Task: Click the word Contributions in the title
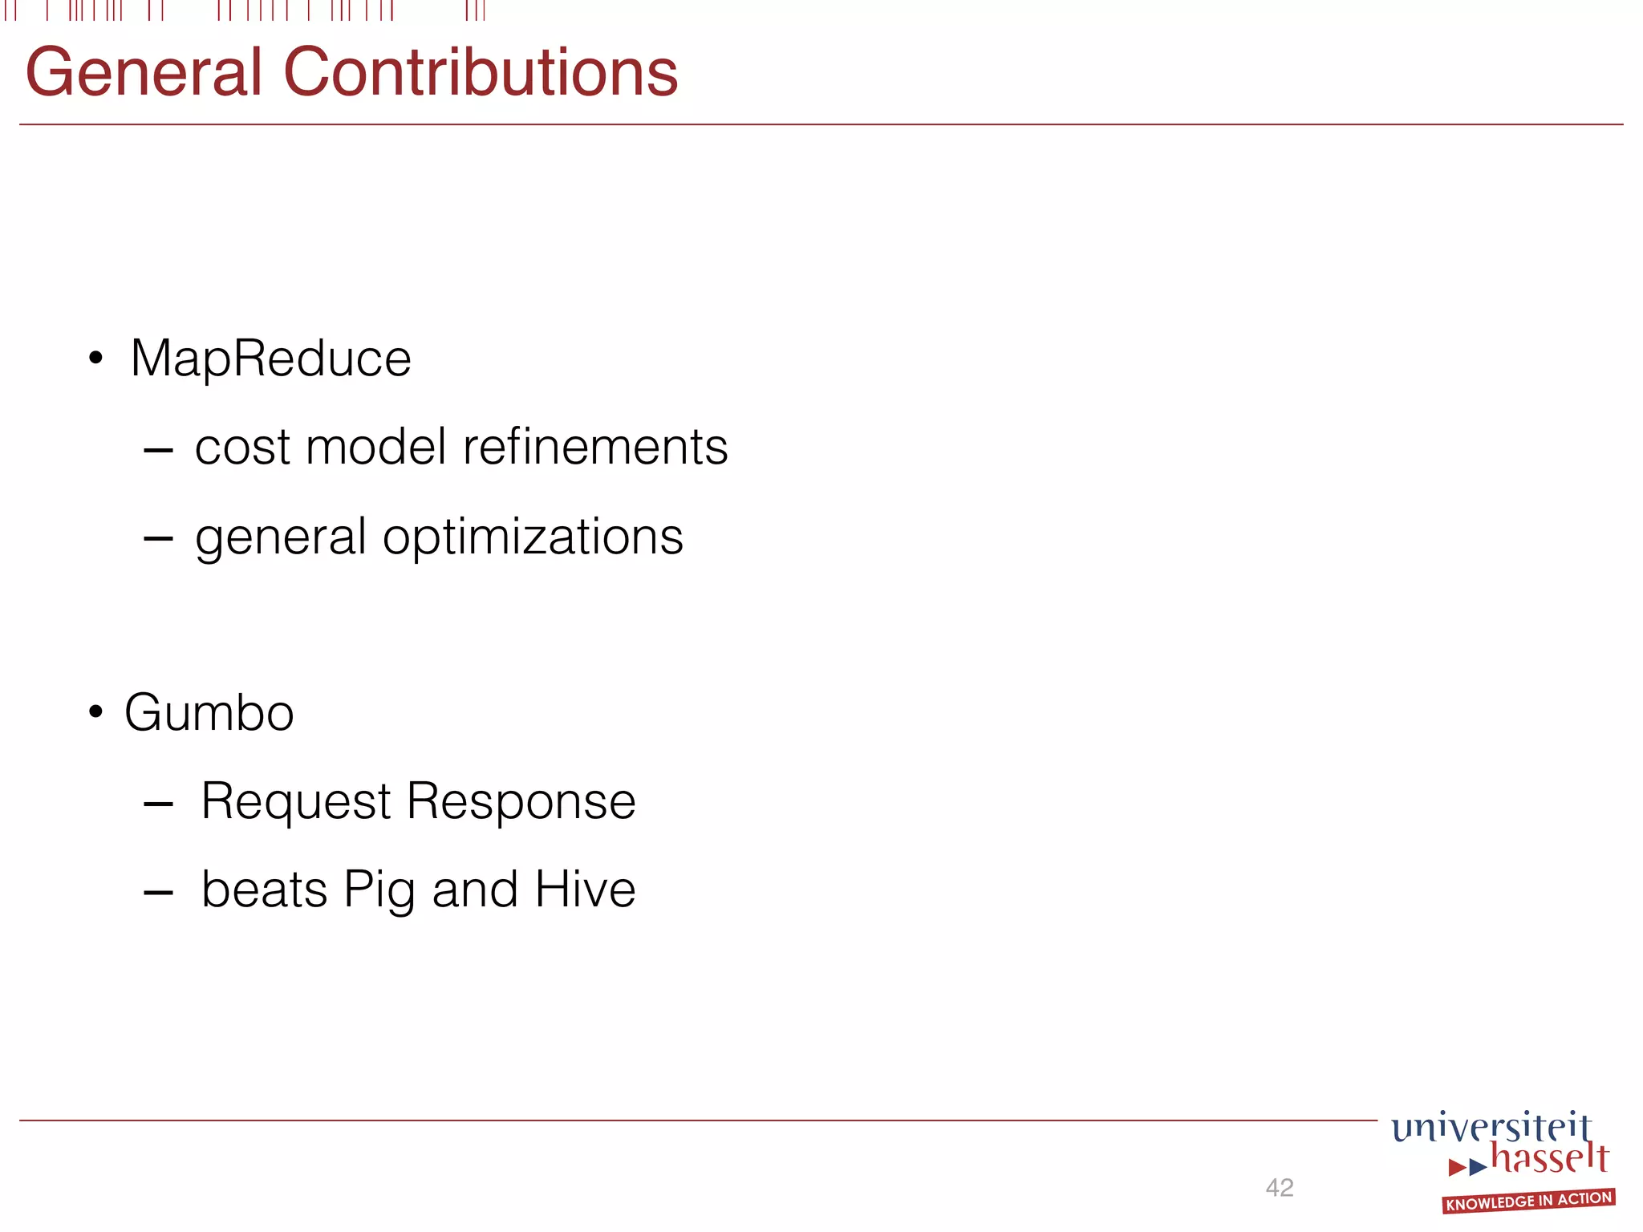click(x=481, y=73)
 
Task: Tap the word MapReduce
click(x=270, y=358)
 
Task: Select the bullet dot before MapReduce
click(x=96, y=358)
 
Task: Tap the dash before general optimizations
click(x=158, y=538)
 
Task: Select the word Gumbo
click(x=209, y=712)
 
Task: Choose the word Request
click(x=296, y=801)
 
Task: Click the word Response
click(x=521, y=801)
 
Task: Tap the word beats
click(x=264, y=890)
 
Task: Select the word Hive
click(x=585, y=890)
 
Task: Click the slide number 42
click(x=1280, y=1187)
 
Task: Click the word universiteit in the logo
click(x=1491, y=1127)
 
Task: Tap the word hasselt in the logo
click(x=1549, y=1159)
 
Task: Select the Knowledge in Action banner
click(x=1528, y=1201)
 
